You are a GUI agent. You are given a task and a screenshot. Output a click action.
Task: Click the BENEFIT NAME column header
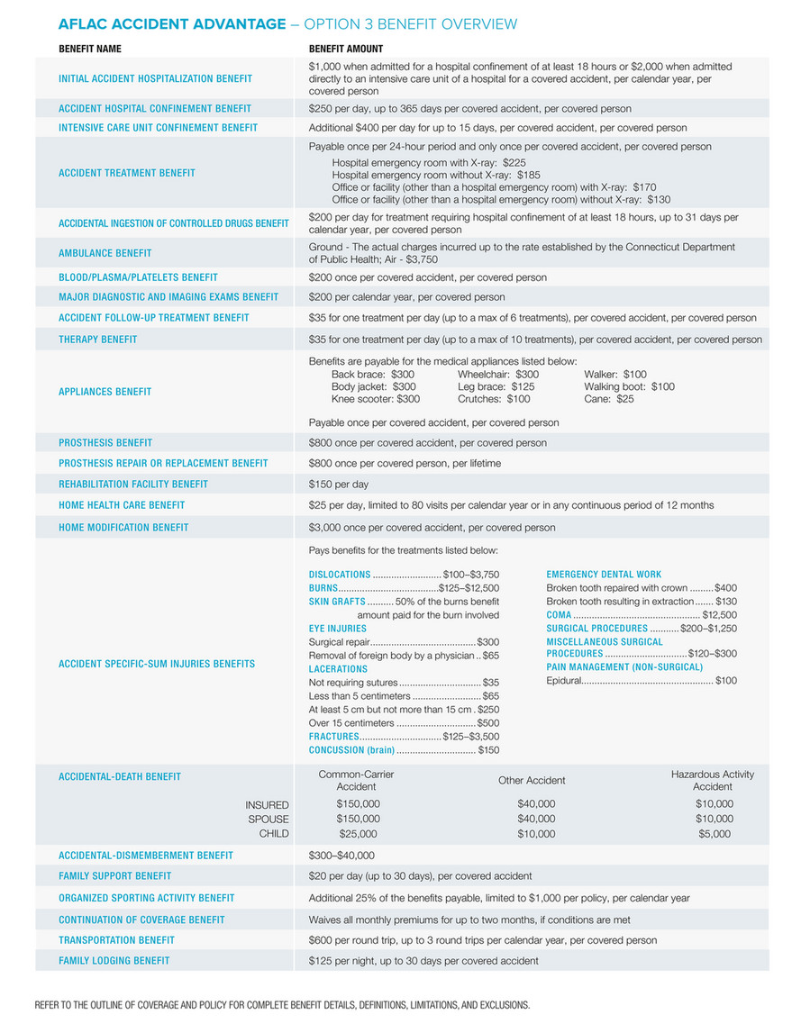pyautogui.click(x=89, y=49)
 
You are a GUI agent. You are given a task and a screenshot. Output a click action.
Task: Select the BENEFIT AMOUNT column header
pyautogui.click(x=345, y=49)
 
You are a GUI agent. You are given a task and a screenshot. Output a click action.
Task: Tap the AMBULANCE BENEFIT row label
pyautogui.click(x=105, y=253)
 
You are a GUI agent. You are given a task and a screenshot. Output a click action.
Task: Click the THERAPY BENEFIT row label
pyautogui.click(x=98, y=340)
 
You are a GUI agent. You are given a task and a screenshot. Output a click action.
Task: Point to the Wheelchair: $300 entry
pyautogui.click(x=497, y=375)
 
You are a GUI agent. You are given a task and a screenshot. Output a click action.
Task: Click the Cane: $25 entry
pyautogui.click(x=608, y=399)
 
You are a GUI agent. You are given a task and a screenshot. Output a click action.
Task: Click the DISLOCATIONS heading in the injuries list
pyautogui.click(x=340, y=575)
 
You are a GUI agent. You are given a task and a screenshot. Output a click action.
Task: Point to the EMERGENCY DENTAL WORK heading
pyautogui.click(x=604, y=575)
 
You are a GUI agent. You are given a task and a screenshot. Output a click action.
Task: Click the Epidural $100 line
pyautogui.click(x=641, y=681)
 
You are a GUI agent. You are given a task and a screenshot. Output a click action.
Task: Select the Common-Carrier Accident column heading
pyautogui.click(x=356, y=781)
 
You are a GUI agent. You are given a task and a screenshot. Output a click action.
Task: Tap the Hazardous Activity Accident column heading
pyautogui.click(x=712, y=781)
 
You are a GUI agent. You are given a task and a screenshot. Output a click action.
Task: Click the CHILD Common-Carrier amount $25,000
pyautogui.click(x=358, y=835)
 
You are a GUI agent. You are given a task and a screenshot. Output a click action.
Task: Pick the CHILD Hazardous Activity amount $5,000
pyautogui.click(x=714, y=835)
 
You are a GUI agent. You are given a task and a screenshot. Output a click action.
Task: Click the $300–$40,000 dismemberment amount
pyautogui.click(x=341, y=856)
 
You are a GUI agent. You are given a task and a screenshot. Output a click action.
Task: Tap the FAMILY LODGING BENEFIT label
pyautogui.click(x=114, y=961)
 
